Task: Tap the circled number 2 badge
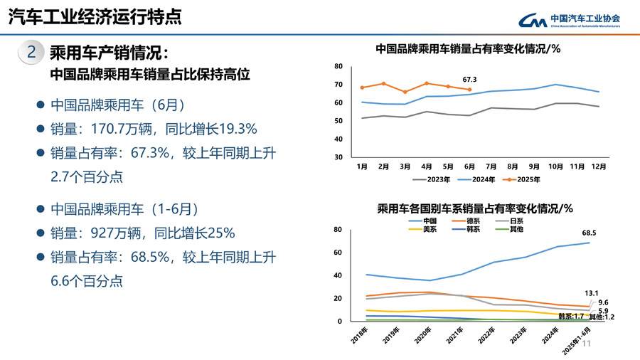31,52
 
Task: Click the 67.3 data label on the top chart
469,79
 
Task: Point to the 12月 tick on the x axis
599,166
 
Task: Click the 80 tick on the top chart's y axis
338,66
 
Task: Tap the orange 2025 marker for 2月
383,83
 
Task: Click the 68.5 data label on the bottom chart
588,233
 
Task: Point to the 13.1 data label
592,292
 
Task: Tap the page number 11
587,344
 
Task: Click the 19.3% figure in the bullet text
234,129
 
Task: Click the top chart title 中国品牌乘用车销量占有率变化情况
468,49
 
